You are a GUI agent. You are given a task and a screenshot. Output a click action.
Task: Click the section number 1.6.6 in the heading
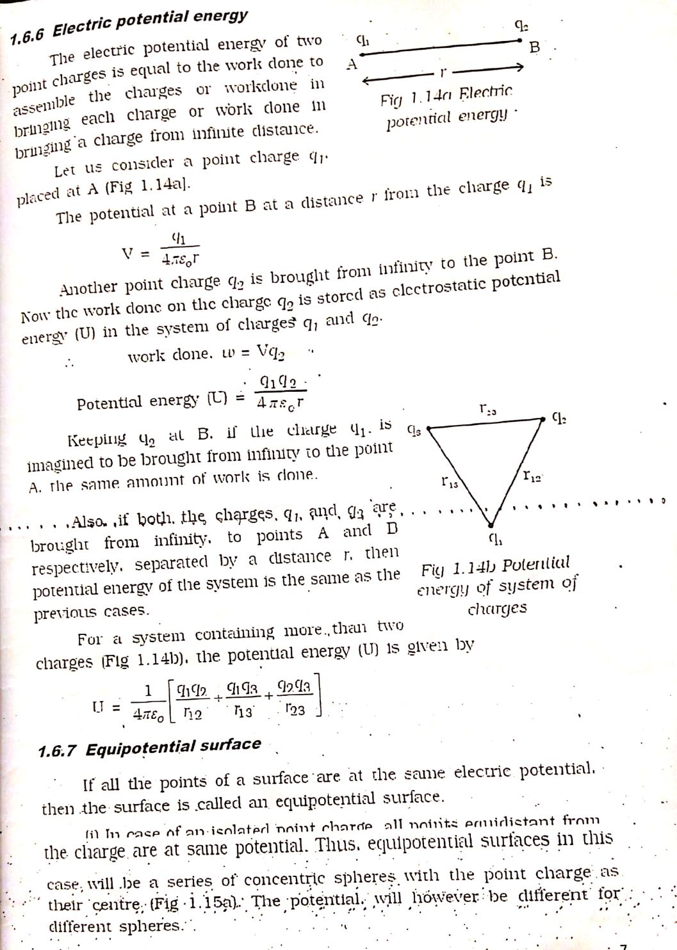(x=29, y=35)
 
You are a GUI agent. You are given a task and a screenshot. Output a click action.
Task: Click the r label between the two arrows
(x=441, y=72)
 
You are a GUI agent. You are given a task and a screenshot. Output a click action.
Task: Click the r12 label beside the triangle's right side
(x=532, y=476)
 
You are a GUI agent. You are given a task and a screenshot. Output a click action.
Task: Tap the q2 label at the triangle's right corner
(x=559, y=419)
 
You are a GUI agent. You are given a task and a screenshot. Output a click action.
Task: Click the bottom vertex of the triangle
(x=489, y=523)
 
